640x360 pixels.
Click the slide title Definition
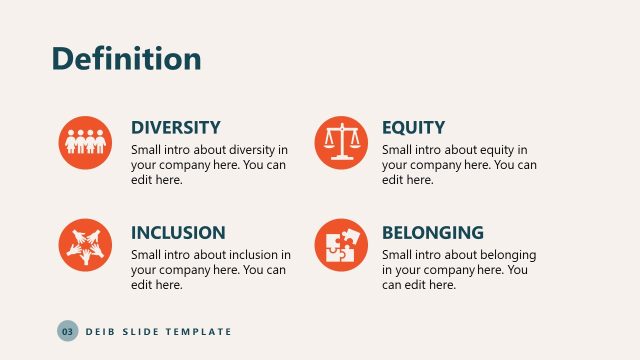click(x=126, y=58)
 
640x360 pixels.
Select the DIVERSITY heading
click(x=176, y=128)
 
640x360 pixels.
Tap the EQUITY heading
click(x=413, y=128)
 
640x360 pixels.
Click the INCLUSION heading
click(x=178, y=233)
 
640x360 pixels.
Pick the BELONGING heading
click(x=432, y=233)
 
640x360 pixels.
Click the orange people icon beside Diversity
click(x=84, y=142)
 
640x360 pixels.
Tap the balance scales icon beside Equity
click(x=340, y=142)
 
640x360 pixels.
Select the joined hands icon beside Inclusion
click(x=84, y=245)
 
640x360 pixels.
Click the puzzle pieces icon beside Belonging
click(x=340, y=245)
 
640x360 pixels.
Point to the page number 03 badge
click(x=67, y=331)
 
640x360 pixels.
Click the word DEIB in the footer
click(x=100, y=331)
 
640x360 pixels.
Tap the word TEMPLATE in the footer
click(x=198, y=331)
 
